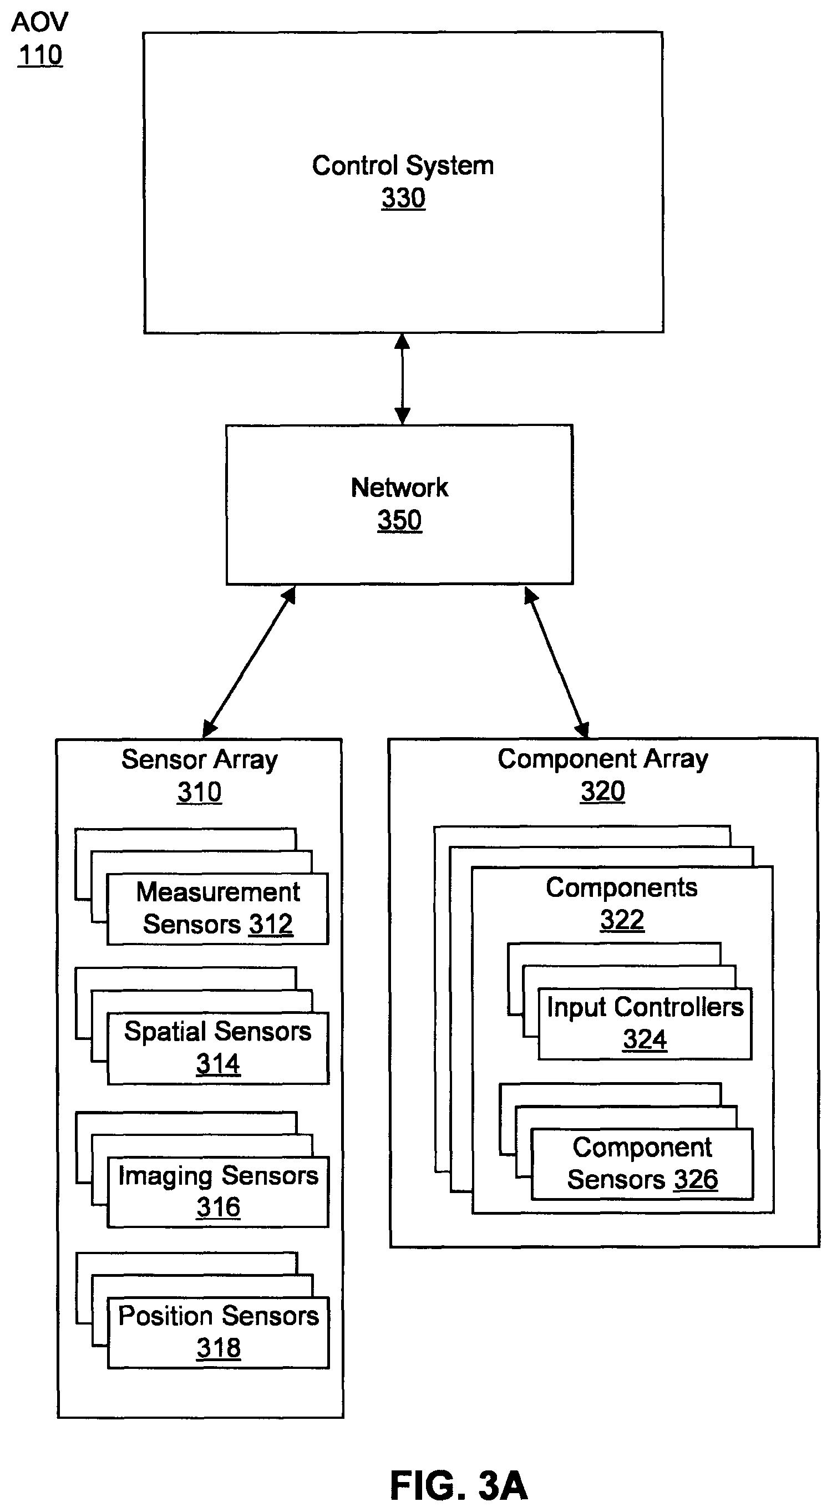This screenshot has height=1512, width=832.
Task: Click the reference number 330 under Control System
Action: (403, 199)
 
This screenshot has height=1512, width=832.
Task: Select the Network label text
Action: (399, 488)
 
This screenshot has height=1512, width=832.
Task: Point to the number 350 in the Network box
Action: (399, 521)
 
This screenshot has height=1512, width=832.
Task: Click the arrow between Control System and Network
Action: (402, 379)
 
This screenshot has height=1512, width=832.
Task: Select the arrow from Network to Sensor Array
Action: (248, 662)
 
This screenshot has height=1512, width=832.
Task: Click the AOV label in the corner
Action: (40, 22)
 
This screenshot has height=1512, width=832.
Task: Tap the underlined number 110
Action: (40, 55)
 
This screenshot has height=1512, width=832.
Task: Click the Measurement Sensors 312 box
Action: (217, 909)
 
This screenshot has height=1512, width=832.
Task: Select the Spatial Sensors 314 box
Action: (218, 1048)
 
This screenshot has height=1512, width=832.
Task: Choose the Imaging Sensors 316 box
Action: (218, 1192)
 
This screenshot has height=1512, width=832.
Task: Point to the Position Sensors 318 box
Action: (219, 1332)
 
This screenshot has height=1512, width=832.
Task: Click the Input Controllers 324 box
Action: (645, 1024)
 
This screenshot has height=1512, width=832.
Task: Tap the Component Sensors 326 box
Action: (642, 1164)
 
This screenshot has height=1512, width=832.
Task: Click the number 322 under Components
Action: (622, 920)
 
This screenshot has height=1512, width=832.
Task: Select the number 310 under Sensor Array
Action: (200, 793)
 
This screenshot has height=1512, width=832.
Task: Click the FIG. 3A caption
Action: (459, 1485)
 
